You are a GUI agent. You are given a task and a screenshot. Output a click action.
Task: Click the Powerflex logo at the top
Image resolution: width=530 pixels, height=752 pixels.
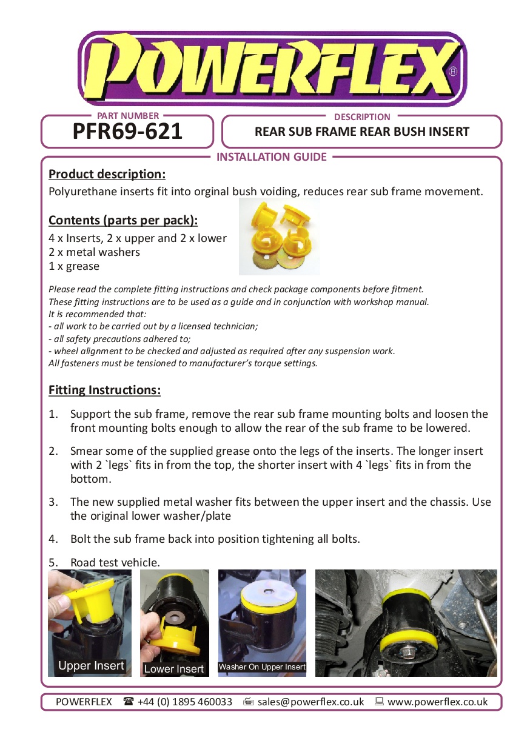tap(272, 69)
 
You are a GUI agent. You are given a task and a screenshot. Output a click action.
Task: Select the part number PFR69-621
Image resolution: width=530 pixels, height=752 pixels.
tap(127, 132)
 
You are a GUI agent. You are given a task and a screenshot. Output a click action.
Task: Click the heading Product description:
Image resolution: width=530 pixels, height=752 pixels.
tap(107, 175)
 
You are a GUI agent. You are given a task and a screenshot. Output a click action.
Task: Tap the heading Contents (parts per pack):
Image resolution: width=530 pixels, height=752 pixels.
tap(123, 220)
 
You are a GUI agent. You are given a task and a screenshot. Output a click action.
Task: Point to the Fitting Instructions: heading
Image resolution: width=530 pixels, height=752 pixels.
tap(104, 390)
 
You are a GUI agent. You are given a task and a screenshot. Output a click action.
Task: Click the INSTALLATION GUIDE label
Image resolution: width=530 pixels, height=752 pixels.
tap(272, 157)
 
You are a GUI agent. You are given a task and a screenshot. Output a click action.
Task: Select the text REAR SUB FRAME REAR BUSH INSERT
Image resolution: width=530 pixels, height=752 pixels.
tap(362, 132)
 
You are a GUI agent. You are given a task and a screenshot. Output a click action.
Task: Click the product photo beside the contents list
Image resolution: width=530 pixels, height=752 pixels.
tap(279, 237)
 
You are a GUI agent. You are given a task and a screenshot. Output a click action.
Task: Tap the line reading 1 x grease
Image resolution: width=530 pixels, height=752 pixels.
tap(74, 266)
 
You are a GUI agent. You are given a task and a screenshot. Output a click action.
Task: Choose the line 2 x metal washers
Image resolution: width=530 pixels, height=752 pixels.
tap(94, 252)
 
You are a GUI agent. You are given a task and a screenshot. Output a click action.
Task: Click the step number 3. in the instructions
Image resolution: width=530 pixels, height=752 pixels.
tap(53, 502)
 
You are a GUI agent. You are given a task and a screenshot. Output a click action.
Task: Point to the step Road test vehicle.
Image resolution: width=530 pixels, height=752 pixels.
tap(115, 563)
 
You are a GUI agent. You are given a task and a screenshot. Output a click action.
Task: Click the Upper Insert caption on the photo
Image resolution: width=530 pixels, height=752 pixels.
tap(91, 666)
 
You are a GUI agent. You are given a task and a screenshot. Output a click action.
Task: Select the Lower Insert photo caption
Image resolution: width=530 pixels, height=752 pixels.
tap(174, 669)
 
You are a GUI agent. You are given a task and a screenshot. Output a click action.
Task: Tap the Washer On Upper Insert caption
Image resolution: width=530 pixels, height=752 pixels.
tap(262, 667)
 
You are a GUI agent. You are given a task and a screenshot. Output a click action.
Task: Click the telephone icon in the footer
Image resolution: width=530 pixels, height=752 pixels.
tap(128, 702)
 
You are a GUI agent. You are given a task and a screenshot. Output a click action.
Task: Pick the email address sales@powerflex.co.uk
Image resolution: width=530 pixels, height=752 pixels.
tap(310, 702)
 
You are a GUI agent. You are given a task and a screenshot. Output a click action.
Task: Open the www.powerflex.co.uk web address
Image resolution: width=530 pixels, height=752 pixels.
tap(437, 702)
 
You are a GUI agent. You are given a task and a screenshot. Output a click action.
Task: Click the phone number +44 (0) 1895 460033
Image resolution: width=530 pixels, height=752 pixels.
tap(184, 702)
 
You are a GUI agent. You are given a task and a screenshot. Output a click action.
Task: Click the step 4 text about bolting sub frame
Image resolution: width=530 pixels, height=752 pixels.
tap(215, 539)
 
